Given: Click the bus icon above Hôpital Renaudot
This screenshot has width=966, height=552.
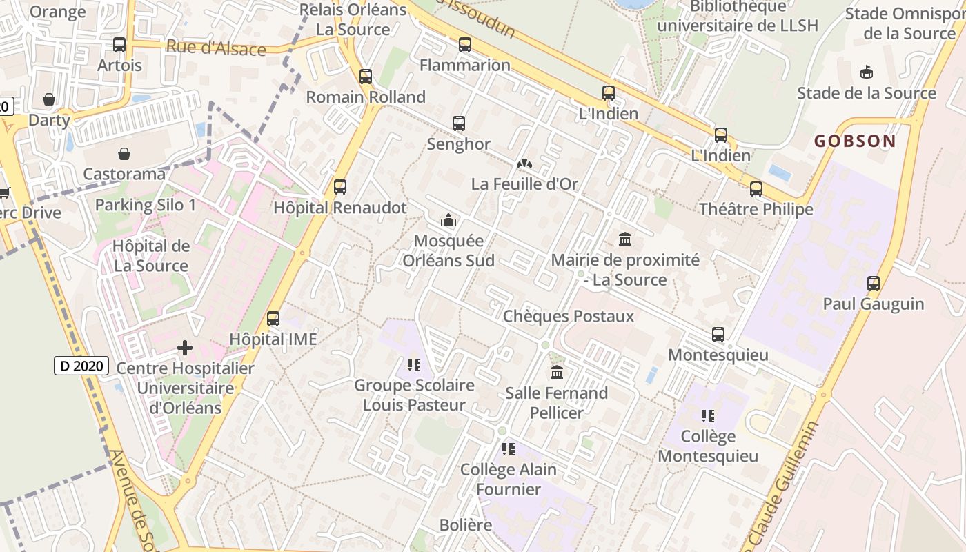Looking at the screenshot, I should point(339,186).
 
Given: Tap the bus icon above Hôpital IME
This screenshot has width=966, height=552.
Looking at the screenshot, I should point(273,319).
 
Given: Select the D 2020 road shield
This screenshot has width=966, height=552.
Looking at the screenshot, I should point(81,366).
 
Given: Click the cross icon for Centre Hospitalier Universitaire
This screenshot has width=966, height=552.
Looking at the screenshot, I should point(185,348).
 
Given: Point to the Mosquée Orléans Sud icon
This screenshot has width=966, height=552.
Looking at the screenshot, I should point(448,221).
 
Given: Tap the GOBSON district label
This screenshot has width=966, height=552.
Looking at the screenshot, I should point(855,141).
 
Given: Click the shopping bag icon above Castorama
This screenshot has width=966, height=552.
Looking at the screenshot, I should point(124,153).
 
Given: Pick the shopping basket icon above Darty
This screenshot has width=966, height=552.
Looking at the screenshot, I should point(49,99).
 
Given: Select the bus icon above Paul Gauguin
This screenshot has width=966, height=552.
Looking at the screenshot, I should point(874,283).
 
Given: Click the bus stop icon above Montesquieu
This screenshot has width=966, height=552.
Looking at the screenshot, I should point(718,335).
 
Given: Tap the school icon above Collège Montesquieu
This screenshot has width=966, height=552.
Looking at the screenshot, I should point(707,416).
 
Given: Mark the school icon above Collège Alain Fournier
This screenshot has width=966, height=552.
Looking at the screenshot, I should point(509,449).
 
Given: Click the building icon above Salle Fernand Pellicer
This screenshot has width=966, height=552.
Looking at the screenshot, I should point(557,373).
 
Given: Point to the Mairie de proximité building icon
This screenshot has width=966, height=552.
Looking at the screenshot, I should point(625,239).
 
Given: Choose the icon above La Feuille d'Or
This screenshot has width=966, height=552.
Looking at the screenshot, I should point(524,164).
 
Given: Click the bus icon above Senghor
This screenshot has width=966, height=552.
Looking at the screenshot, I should point(459,124).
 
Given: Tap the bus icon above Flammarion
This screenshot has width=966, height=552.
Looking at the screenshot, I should point(465,45).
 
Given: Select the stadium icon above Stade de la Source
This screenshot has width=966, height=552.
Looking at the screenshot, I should point(867,72).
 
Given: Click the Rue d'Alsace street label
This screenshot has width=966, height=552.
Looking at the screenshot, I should point(216,48).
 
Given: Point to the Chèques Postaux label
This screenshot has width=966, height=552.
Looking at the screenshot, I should point(569,316).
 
